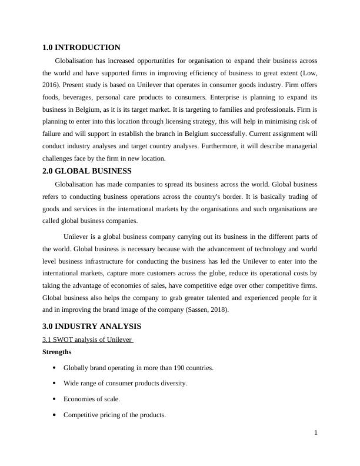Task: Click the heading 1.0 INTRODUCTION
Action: [81, 48]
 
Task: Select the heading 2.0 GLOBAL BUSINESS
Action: [87, 171]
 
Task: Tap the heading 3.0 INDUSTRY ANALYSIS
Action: [92, 326]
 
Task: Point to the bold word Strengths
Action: [57, 352]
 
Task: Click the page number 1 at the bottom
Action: [316, 433]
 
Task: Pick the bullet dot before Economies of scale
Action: [55, 399]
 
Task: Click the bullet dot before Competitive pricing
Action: [55, 414]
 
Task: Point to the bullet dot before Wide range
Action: [55, 383]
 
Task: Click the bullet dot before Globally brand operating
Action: [55, 368]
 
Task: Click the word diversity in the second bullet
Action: [174, 383]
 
